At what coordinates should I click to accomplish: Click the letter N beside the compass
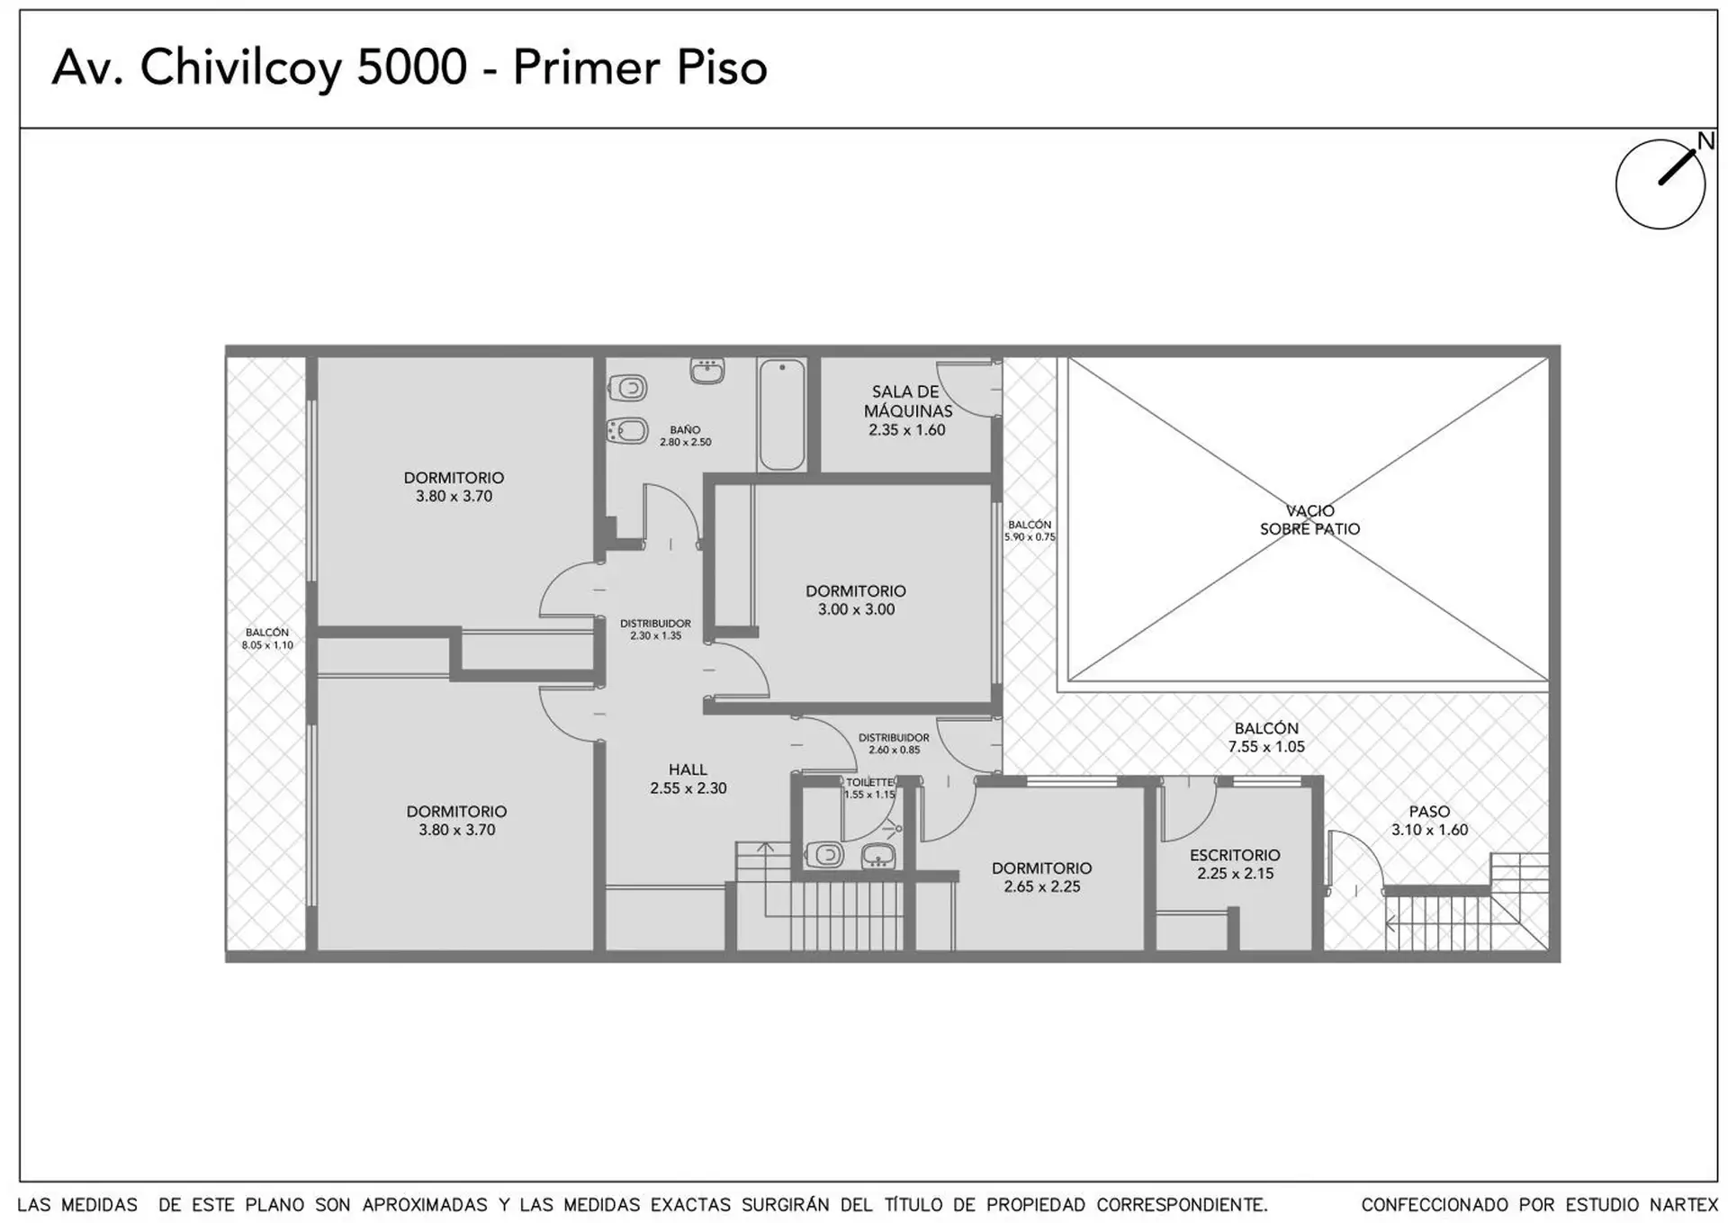coord(1705,141)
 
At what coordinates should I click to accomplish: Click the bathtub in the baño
coord(781,414)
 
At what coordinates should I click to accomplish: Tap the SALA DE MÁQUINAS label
coord(906,410)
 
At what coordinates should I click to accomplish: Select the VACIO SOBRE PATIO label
coord(1309,519)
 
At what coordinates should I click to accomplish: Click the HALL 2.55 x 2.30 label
coord(688,778)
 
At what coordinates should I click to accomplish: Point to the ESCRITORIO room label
coord(1235,864)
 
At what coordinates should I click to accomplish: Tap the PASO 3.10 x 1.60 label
coord(1429,821)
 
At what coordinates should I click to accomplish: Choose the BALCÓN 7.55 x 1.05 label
coord(1266,737)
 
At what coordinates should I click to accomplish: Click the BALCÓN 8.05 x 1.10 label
coord(267,639)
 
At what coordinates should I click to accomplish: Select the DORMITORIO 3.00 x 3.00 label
coord(856,600)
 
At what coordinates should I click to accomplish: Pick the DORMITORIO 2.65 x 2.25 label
coord(1042,877)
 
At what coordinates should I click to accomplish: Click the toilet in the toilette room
coord(823,854)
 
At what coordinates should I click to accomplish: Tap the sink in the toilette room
coord(877,855)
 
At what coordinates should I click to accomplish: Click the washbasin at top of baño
coord(707,371)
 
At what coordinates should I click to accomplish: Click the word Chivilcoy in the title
coord(240,67)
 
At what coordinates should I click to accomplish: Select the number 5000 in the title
coord(412,67)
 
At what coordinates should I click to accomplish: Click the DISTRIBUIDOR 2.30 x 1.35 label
coord(656,629)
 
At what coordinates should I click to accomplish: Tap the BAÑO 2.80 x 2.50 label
coord(686,436)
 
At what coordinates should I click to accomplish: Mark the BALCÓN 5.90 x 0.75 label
coord(1030,531)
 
